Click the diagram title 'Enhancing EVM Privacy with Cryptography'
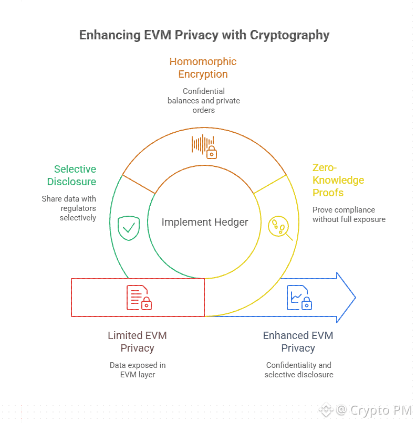204,35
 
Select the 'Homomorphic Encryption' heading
203,68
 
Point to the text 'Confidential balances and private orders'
204,101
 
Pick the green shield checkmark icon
128,227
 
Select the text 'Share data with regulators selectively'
69,208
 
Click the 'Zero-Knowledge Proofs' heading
338,180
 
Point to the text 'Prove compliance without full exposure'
349,214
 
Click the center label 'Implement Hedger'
204,222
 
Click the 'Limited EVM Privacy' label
137,341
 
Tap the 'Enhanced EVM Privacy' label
298,341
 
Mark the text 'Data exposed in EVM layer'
138,369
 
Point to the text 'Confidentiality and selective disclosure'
298,369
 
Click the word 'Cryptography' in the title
289,35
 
